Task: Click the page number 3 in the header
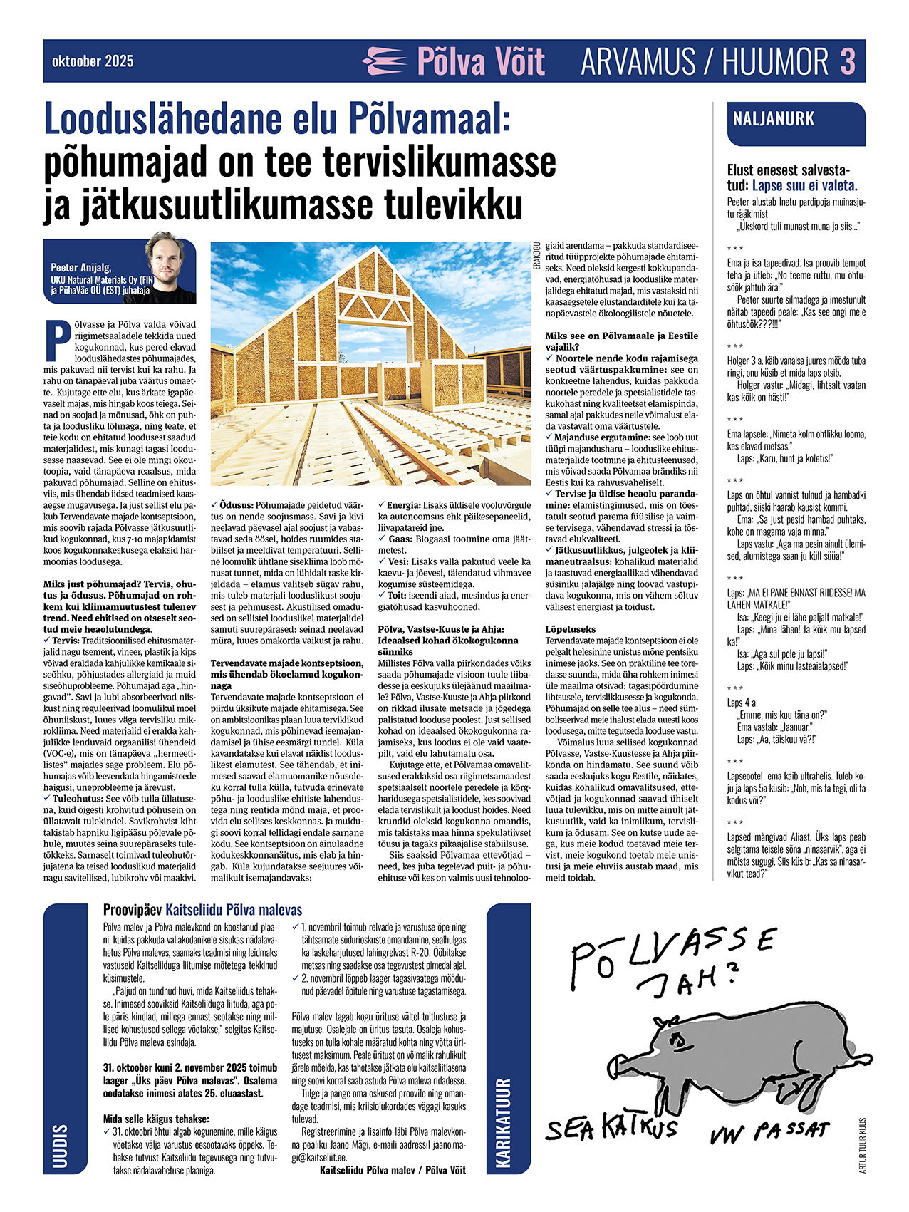click(x=847, y=61)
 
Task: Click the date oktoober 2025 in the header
click(x=93, y=61)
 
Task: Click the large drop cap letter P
click(x=53, y=341)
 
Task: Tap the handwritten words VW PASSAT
click(x=770, y=1131)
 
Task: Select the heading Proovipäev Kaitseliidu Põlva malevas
click(x=202, y=910)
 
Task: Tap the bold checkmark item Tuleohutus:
click(x=77, y=799)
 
